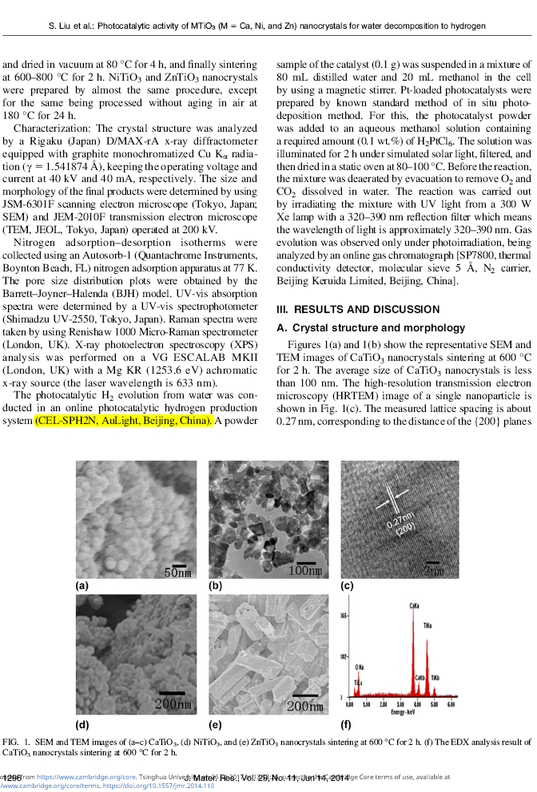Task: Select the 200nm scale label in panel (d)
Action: click(173, 704)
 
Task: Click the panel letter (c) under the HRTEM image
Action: click(347, 586)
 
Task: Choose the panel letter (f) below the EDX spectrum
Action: click(346, 725)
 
